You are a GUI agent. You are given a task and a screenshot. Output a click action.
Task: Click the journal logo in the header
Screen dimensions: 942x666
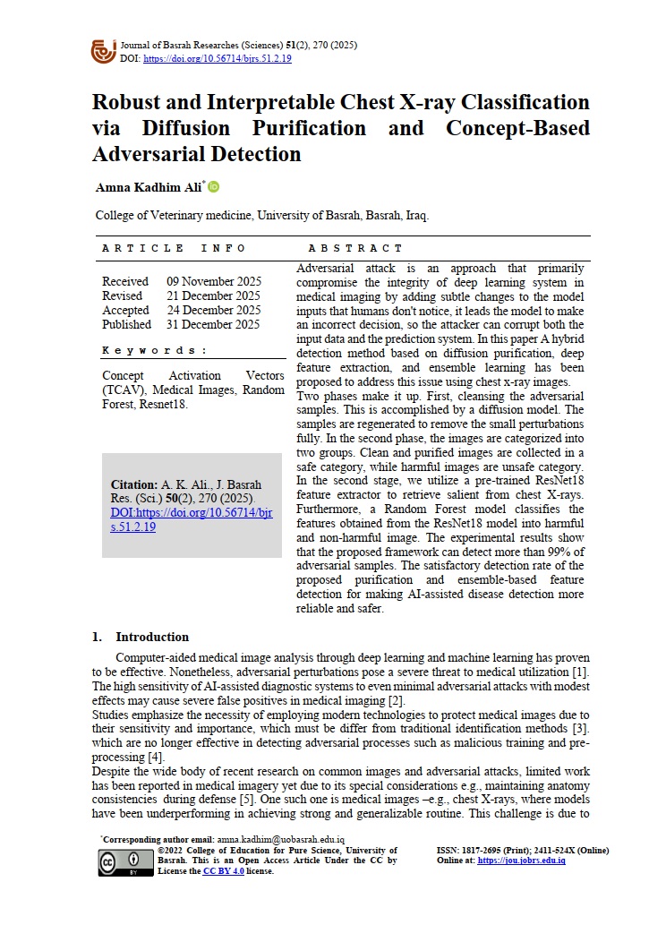pyautogui.click(x=104, y=50)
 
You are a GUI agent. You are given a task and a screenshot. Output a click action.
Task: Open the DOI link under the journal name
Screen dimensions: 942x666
pyautogui.click(x=217, y=59)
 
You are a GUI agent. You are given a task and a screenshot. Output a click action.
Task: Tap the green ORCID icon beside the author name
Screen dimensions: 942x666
pyautogui.click(x=214, y=187)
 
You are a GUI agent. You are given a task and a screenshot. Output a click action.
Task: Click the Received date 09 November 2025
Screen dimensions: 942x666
pyautogui.click(x=213, y=281)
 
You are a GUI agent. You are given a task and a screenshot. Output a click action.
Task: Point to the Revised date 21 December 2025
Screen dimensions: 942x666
pyautogui.click(x=213, y=295)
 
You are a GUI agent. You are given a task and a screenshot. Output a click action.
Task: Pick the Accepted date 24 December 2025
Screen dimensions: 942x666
pyautogui.click(x=213, y=310)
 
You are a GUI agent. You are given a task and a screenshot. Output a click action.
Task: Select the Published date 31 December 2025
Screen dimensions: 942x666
pyautogui.click(x=213, y=324)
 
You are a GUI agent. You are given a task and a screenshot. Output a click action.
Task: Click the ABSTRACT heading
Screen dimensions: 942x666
pyautogui.click(x=355, y=248)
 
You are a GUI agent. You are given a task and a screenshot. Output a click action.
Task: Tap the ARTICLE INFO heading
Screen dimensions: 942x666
pyautogui.click(x=161, y=248)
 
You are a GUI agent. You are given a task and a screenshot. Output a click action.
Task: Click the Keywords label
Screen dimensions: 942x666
pyautogui.click(x=155, y=350)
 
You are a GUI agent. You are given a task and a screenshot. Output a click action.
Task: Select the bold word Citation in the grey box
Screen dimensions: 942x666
pyautogui.click(x=133, y=484)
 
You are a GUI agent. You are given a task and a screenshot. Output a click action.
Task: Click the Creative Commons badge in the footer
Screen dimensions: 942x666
pyautogui.click(x=124, y=862)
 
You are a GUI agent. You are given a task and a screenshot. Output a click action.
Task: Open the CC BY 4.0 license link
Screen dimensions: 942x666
pyautogui.click(x=223, y=870)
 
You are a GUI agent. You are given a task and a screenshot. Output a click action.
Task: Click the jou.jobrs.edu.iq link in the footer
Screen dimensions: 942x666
pyautogui.click(x=521, y=861)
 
